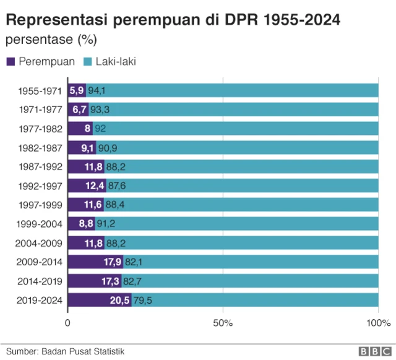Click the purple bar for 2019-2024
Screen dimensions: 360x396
click(99, 300)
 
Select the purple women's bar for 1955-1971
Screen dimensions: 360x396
click(77, 90)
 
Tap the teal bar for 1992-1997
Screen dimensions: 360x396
click(241, 186)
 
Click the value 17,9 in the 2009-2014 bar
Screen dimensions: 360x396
click(112, 262)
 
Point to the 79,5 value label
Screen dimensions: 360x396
click(142, 300)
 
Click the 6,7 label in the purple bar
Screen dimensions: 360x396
click(79, 109)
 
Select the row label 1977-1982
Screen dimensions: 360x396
click(40, 129)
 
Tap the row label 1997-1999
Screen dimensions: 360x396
click(40, 205)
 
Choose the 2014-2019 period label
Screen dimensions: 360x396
click(40, 281)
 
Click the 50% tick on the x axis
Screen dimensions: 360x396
click(223, 323)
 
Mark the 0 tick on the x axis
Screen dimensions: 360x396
click(68, 323)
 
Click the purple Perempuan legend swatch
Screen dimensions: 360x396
click(11, 62)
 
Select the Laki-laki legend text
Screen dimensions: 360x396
click(115, 62)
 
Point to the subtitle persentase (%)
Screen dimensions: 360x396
click(51, 40)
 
